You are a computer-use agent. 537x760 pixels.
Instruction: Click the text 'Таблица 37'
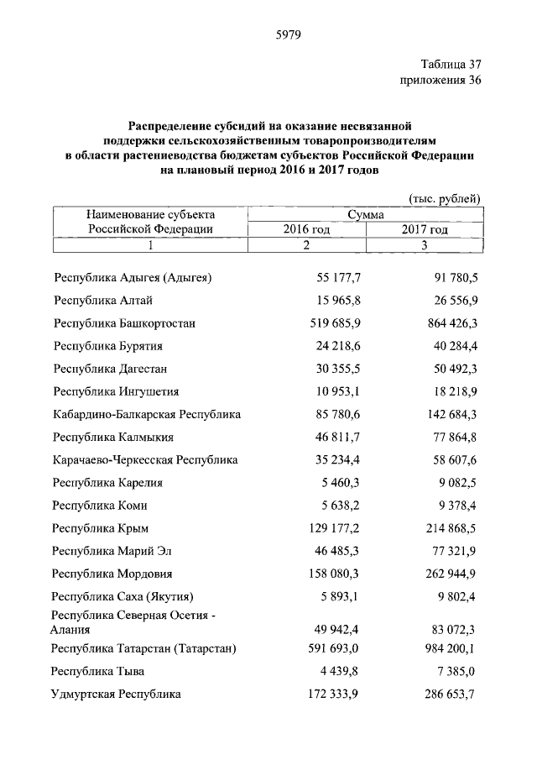click(x=451, y=64)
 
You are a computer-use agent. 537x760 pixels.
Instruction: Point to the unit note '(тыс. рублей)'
click(x=444, y=197)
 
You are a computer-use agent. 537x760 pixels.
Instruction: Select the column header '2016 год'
click(x=306, y=228)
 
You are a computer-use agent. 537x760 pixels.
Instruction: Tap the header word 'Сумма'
click(x=365, y=214)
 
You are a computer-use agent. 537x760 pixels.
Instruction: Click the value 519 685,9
click(x=333, y=322)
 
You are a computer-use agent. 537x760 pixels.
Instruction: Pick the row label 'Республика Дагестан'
click(x=111, y=368)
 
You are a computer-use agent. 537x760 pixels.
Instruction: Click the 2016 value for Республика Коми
click(x=340, y=505)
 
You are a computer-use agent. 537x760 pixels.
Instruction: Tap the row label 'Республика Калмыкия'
click(x=113, y=437)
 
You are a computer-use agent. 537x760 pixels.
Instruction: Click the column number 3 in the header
click(x=425, y=244)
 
